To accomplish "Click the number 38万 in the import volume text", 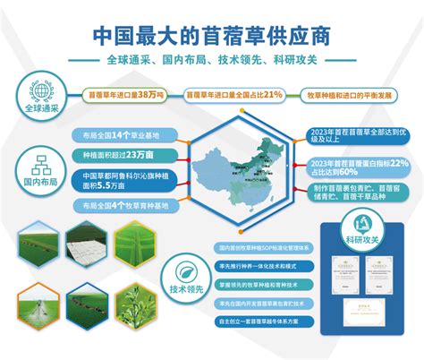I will pos(150,92).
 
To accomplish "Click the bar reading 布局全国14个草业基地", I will pos(121,135).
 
